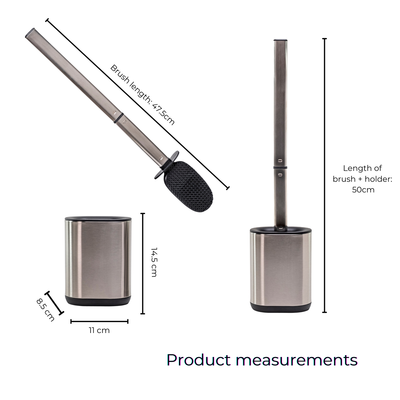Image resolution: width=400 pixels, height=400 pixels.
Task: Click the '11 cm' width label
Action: click(x=99, y=330)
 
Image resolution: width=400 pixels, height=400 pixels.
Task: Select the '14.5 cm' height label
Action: click(x=154, y=262)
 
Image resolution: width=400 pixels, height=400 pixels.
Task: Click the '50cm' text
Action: click(x=363, y=190)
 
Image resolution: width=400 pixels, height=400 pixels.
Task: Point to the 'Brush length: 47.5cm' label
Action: click(x=142, y=95)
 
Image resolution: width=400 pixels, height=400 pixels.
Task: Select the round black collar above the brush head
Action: click(x=166, y=165)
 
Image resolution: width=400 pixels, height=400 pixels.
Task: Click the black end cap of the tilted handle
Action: click(x=29, y=33)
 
